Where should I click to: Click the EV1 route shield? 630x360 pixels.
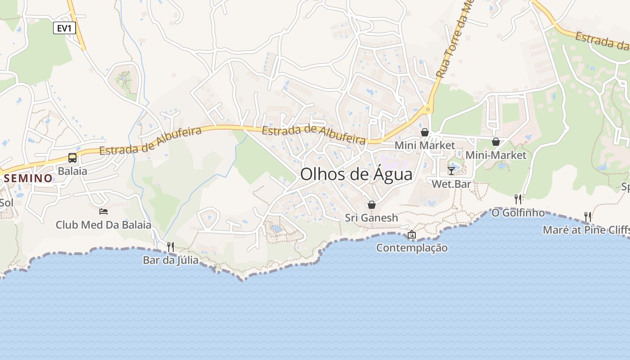(x=64, y=28)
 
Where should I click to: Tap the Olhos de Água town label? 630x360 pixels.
(x=356, y=174)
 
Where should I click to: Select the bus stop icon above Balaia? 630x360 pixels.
(x=72, y=158)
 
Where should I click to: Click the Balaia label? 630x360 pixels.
(x=72, y=171)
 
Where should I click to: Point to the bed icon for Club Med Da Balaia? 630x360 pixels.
(x=103, y=211)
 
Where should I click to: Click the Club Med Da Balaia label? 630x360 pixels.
(x=103, y=225)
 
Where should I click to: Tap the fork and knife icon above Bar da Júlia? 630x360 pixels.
(x=171, y=247)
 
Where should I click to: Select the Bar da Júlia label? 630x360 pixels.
(x=171, y=260)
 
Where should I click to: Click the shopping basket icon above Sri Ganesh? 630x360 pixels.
(x=372, y=205)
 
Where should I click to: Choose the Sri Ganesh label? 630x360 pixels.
(x=372, y=218)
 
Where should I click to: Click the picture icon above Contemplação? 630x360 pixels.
(x=412, y=234)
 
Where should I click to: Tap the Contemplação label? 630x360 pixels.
(x=412, y=247)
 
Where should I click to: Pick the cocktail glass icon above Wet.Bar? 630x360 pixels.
(x=451, y=171)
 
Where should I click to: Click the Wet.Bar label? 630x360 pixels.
(x=451, y=184)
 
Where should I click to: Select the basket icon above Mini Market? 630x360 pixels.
(x=424, y=132)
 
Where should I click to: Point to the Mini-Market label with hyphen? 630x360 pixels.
(x=496, y=155)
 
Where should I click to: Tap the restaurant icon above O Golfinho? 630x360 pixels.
(x=518, y=199)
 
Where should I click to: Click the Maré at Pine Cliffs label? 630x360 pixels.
(x=586, y=230)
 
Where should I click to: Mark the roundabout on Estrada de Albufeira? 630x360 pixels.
(x=427, y=109)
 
